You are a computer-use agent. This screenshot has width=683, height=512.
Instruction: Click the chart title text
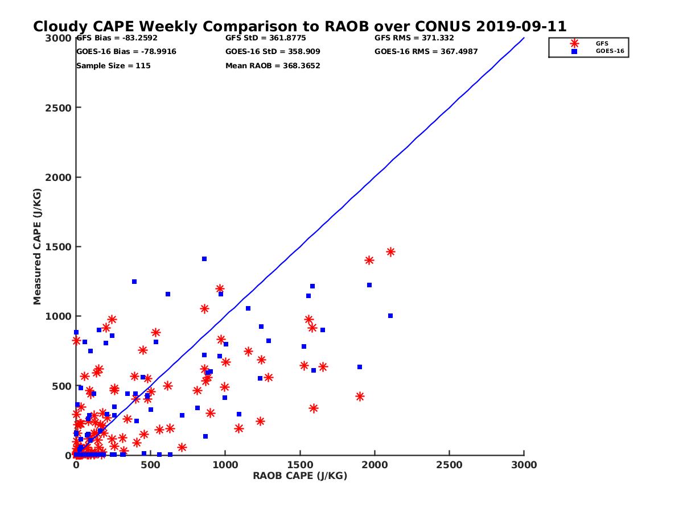click(299, 27)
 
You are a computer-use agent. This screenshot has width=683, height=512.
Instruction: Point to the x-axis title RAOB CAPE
click(300, 476)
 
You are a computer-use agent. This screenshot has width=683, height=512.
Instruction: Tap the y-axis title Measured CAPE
click(38, 246)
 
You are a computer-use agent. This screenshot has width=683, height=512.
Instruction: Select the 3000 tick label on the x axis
click(524, 465)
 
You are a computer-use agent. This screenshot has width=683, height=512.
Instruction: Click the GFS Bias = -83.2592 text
click(117, 38)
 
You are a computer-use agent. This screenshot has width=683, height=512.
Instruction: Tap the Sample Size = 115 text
click(113, 65)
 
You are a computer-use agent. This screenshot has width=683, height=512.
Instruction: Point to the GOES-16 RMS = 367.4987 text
click(426, 52)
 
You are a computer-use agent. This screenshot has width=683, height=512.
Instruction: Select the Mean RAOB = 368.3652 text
click(273, 65)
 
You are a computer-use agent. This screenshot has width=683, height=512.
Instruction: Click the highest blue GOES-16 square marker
click(204, 259)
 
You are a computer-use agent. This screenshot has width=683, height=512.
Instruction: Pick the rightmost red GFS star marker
click(390, 251)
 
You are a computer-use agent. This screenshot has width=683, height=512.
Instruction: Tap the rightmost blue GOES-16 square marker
click(390, 316)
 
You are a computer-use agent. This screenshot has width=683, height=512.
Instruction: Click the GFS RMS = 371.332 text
click(414, 38)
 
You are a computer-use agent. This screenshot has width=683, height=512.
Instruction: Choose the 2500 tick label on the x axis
click(449, 465)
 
